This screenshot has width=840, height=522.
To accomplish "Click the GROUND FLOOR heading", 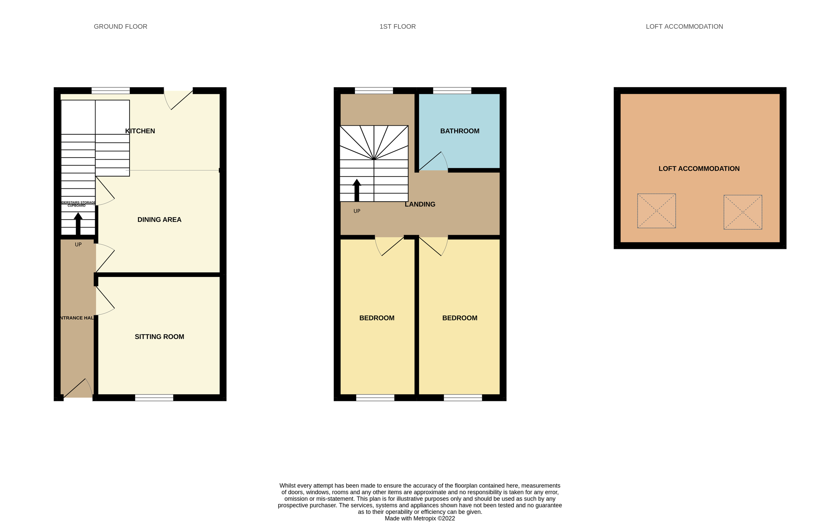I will [x=120, y=27].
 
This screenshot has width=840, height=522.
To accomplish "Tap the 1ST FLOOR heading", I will [x=397, y=27].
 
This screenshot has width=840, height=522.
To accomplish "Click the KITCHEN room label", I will [x=140, y=131].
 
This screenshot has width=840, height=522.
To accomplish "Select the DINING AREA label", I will [x=159, y=220].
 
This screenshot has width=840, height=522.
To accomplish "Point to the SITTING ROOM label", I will [x=159, y=336].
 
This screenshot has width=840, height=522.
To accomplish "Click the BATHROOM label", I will [x=460, y=131].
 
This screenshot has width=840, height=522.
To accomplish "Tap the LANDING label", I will [x=420, y=204].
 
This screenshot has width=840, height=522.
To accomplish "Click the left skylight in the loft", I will [x=656, y=211].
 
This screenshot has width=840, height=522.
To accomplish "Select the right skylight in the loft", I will [x=743, y=212].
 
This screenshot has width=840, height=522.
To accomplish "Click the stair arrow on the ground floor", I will [x=78, y=224].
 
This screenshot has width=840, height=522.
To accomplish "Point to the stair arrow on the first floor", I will [x=357, y=190].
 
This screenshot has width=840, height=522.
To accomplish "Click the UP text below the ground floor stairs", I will [x=78, y=244].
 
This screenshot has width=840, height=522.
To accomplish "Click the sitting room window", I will [x=154, y=397].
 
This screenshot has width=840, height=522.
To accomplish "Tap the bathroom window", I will [x=452, y=90].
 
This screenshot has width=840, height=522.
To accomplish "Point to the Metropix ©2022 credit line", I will [x=420, y=518].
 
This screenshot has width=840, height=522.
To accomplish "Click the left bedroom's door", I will [x=389, y=246].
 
